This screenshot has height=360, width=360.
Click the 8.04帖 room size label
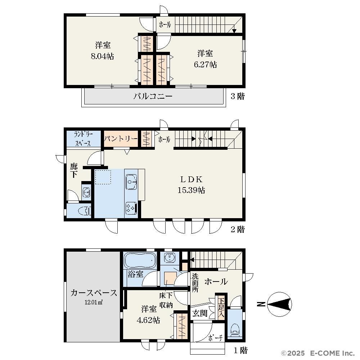[102, 56]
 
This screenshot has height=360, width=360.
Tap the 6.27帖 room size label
[205, 64]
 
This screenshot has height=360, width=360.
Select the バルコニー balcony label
[153, 96]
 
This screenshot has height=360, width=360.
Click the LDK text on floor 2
[191, 179]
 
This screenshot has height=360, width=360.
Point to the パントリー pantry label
[121, 139]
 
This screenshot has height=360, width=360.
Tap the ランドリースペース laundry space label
[84, 139]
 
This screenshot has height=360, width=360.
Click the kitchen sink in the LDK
[131, 182]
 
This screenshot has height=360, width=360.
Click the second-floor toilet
[84, 211]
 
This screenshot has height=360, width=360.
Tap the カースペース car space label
[94, 293]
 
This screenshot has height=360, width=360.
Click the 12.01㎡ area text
[94, 302]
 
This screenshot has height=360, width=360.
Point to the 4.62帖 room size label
[148, 320]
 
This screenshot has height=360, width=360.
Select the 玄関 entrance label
[200, 314]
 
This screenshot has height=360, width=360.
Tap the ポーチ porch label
[216, 338]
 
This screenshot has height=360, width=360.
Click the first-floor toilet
[235, 330]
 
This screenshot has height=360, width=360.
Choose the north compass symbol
[280, 304]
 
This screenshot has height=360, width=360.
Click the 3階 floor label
[238, 96]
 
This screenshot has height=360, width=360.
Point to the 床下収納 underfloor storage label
[166, 300]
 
